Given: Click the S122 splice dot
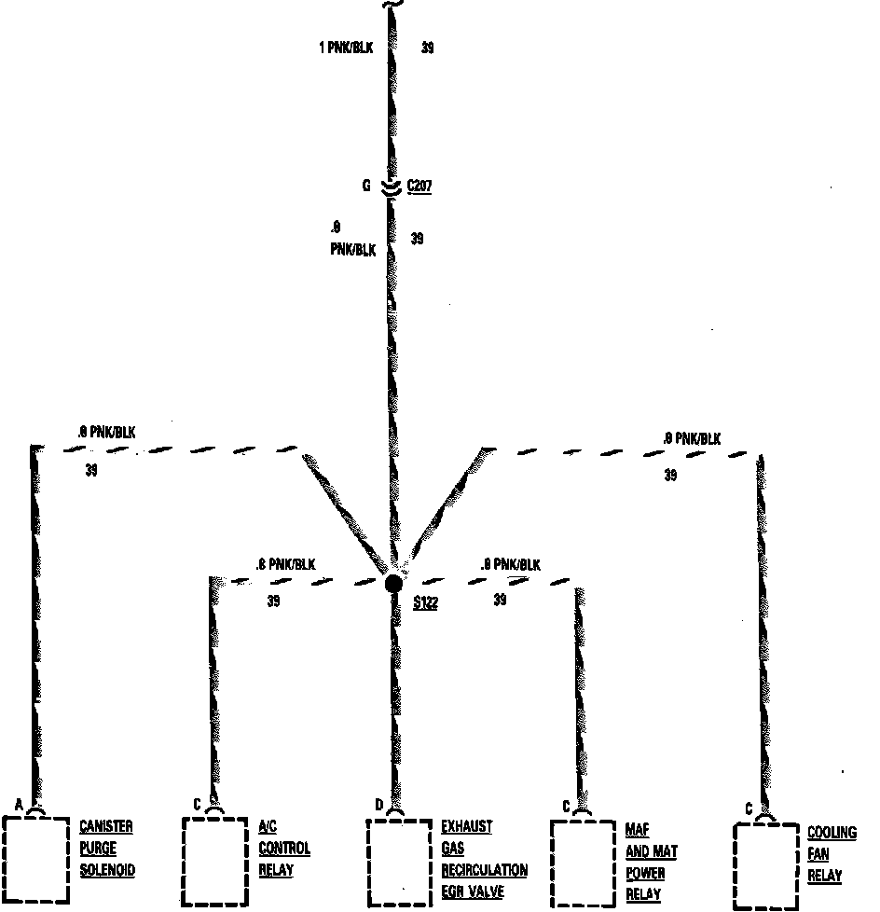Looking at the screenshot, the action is tap(394, 584).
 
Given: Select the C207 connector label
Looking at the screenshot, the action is tap(419, 187).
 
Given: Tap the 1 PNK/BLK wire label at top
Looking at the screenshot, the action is tap(345, 47).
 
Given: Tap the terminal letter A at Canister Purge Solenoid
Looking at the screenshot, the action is tap(19, 804).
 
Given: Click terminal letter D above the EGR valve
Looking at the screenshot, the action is tap(378, 805).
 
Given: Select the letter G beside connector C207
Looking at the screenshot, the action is tap(367, 186).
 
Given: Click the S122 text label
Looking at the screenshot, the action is tap(425, 602).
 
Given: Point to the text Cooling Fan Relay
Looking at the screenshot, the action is tap(831, 854).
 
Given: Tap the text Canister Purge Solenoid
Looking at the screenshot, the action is tap(106, 849).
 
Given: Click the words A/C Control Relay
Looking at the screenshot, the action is tap(283, 849).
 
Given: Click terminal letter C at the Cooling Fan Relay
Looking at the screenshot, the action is tap(749, 808).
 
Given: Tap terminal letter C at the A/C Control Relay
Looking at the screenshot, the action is tap(197, 804).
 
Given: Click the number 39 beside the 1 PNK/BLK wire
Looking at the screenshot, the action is tap(427, 48).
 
